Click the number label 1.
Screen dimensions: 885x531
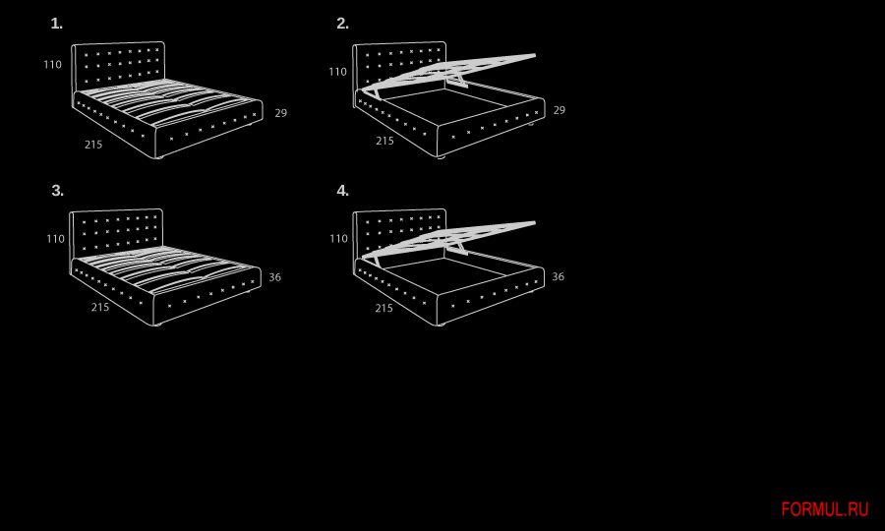point(56,24)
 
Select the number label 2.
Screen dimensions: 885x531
point(342,24)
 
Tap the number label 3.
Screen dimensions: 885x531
point(58,191)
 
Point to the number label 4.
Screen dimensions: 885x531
point(342,191)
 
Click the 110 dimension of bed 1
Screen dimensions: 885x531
point(52,65)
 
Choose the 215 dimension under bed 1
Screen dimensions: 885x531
point(93,145)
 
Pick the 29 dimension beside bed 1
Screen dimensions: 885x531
point(281,113)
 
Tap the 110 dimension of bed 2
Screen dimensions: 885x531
point(338,72)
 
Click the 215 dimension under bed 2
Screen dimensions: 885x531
point(384,141)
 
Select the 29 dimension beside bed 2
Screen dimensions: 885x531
point(560,110)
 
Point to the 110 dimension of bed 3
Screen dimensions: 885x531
point(55,239)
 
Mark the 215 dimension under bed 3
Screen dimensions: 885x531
point(100,307)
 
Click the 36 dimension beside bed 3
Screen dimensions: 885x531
point(275,277)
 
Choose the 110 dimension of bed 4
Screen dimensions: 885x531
point(338,239)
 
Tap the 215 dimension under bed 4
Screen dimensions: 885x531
point(384,308)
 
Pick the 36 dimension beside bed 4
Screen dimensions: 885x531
point(559,276)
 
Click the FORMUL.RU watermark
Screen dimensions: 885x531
point(825,509)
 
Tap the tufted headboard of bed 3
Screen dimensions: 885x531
point(116,231)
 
